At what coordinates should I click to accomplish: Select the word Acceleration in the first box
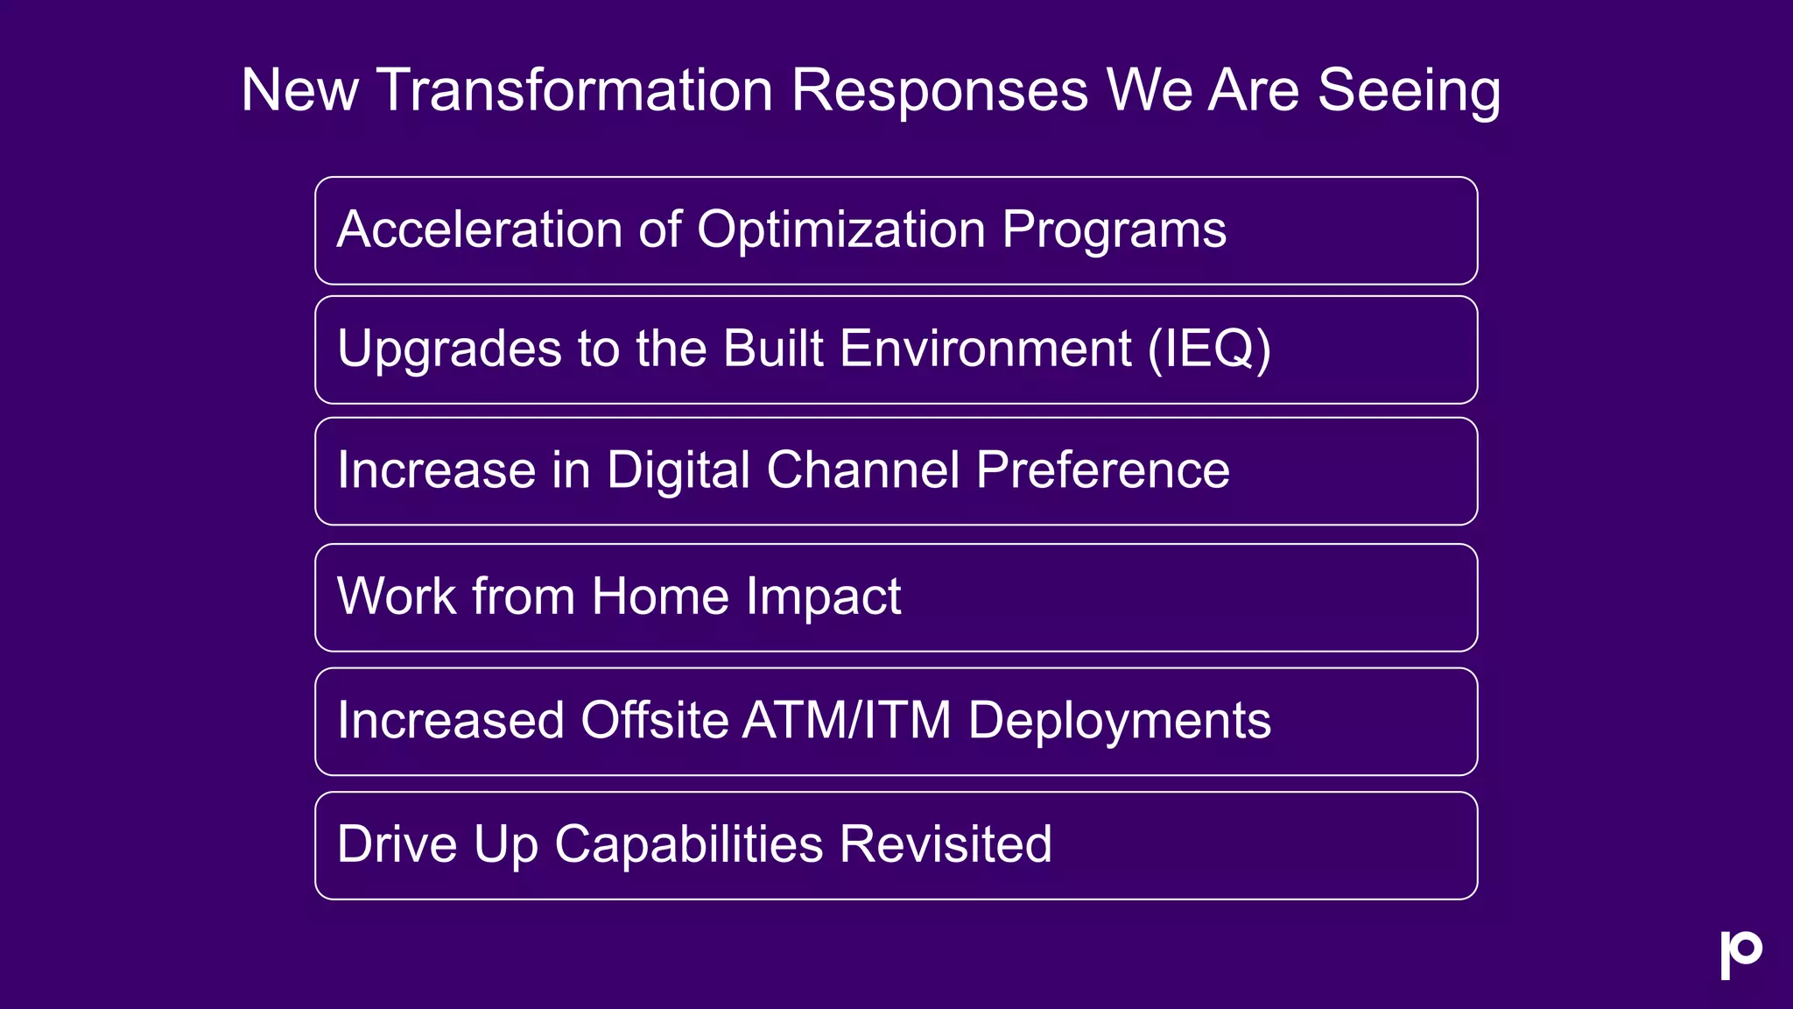(479, 229)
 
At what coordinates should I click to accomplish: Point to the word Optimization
(840, 229)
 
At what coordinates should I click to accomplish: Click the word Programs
(1114, 229)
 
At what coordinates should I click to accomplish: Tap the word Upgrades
(448, 349)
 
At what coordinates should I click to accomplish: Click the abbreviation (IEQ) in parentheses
(1209, 349)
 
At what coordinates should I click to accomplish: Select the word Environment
(985, 349)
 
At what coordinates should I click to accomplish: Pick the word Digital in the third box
(678, 470)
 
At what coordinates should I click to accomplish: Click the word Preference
(1102, 470)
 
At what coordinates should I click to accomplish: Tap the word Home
(660, 596)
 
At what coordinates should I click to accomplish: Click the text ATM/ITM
(846, 720)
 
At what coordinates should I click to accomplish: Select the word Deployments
(1119, 720)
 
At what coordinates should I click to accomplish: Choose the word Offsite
(654, 720)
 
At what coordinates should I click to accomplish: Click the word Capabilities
(688, 844)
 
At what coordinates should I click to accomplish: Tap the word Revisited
(946, 844)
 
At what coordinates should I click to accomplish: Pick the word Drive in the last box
(397, 844)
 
